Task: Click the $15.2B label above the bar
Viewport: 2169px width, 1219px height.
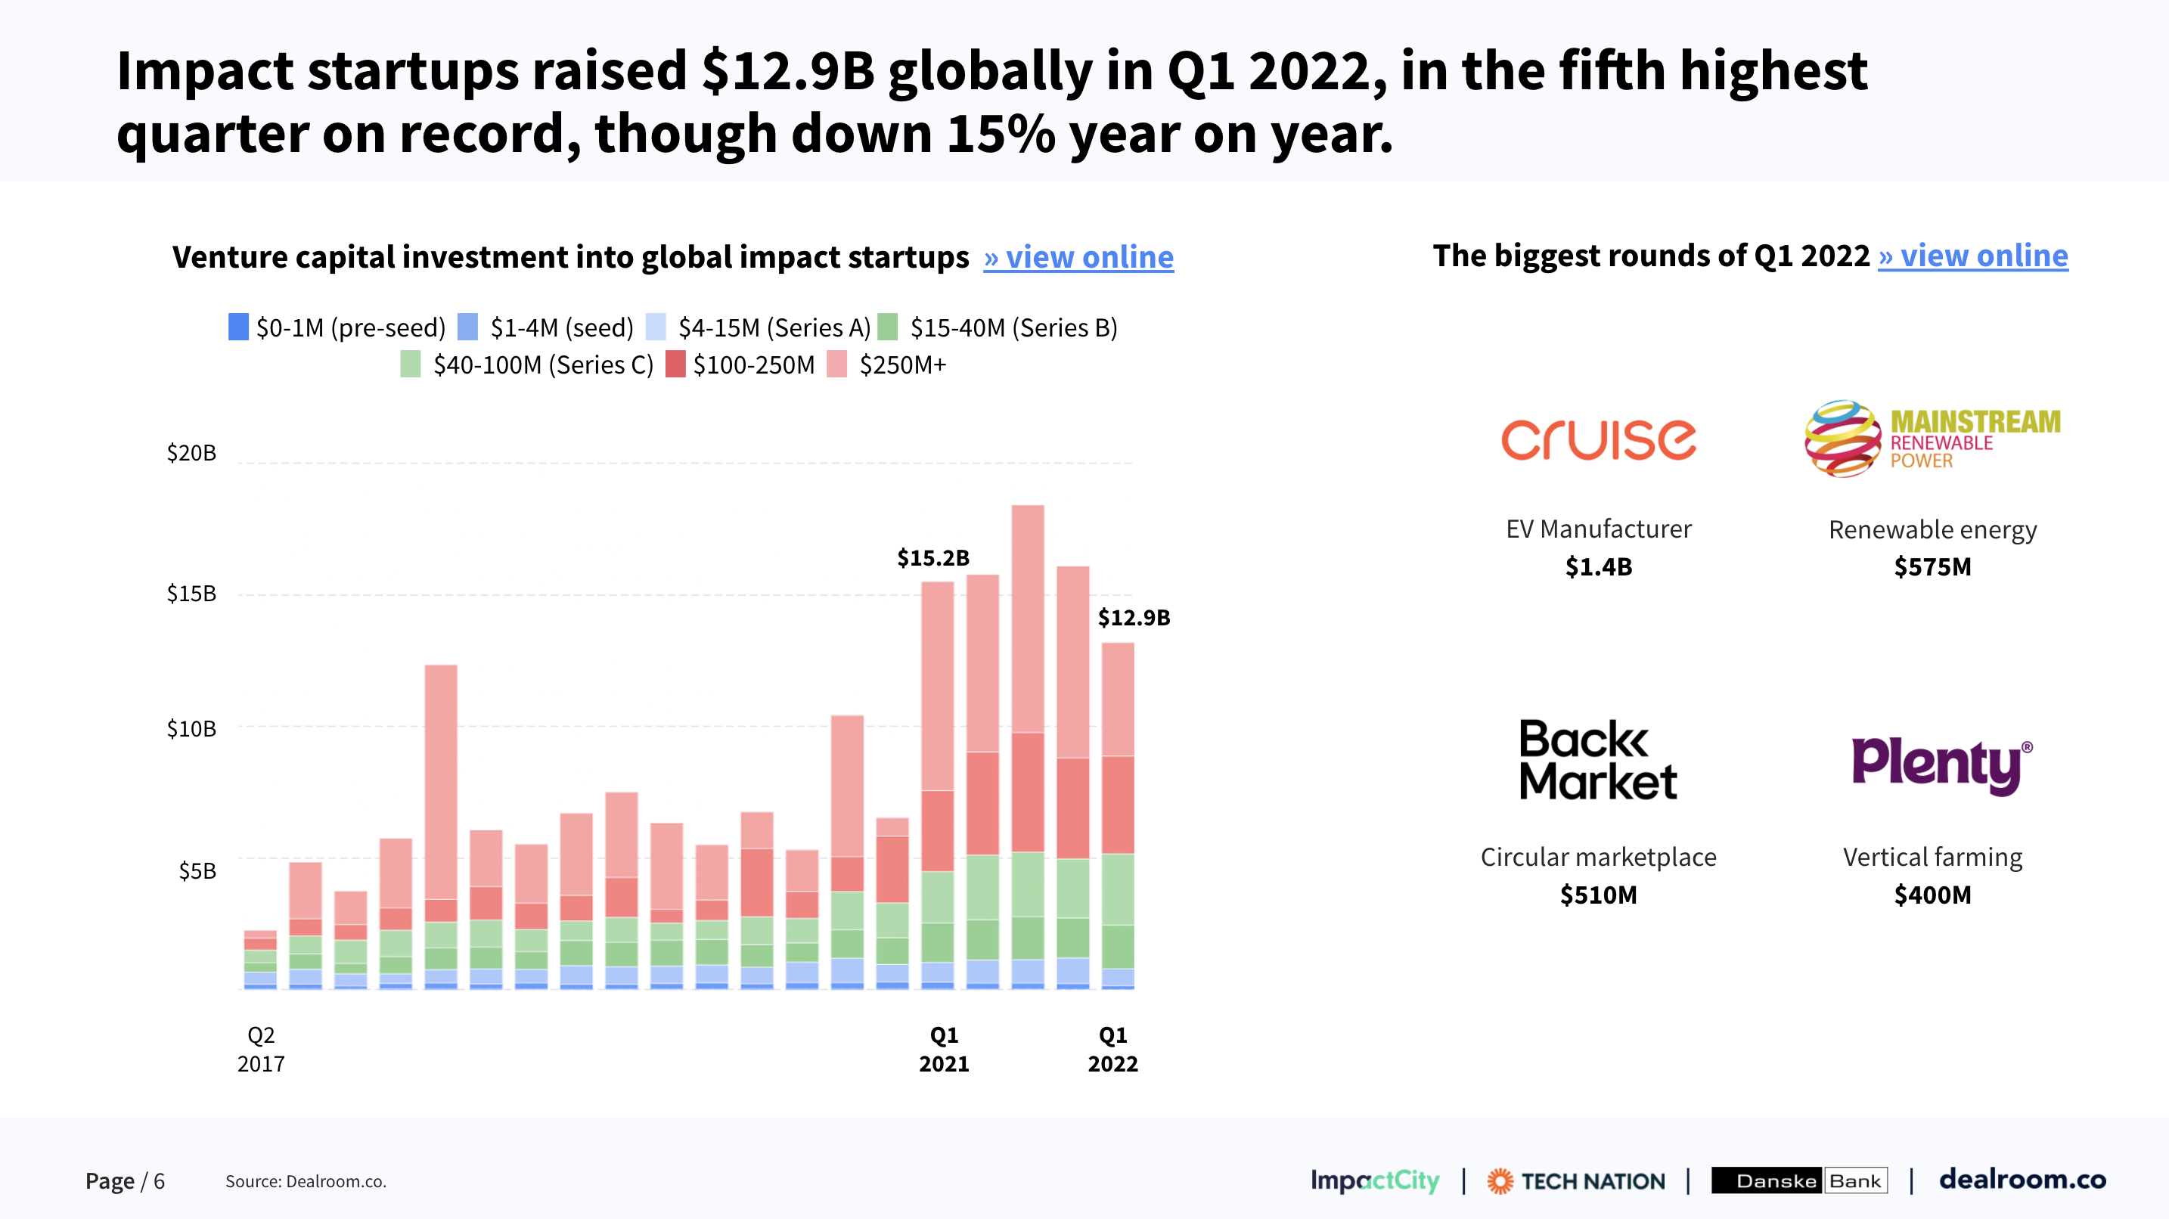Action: click(x=933, y=557)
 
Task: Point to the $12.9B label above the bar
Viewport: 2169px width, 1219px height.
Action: click(x=1134, y=617)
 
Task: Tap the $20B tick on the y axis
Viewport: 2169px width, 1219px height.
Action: click(x=191, y=453)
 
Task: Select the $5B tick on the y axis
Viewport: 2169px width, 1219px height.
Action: click(x=197, y=870)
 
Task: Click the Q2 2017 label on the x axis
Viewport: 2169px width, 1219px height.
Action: click(x=261, y=1049)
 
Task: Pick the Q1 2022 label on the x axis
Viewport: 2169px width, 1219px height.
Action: click(x=1112, y=1049)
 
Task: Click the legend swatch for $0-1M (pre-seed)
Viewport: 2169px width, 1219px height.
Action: click(x=238, y=327)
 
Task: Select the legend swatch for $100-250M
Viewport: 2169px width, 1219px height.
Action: click(x=675, y=364)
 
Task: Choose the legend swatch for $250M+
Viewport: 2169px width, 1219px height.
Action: click(x=837, y=364)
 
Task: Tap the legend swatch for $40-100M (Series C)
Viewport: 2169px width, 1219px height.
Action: click(x=410, y=364)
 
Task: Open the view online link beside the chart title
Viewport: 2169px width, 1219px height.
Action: click(x=1078, y=257)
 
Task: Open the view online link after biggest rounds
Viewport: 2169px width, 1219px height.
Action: click(x=1973, y=255)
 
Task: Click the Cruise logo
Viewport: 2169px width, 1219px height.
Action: click(x=1598, y=439)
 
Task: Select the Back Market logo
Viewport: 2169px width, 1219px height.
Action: click(x=1597, y=759)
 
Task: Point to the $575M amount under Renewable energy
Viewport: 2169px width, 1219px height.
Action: click(x=1932, y=566)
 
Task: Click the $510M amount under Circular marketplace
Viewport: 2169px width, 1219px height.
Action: click(x=1598, y=894)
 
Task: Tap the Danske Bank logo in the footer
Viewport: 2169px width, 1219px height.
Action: click(x=1798, y=1180)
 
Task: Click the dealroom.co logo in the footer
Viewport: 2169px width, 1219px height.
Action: click(x=2022, y=1180)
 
